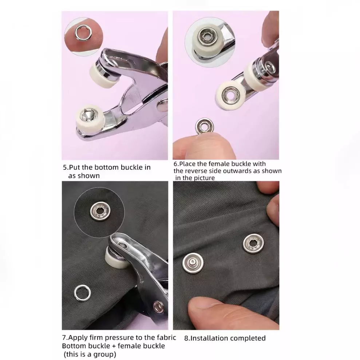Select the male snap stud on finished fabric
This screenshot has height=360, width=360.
tap(193, 263)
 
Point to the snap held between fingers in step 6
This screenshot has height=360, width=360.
tap(204, 126)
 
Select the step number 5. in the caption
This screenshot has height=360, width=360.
tap(66, 167)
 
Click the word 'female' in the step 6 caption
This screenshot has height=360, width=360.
tap(218, 164)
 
